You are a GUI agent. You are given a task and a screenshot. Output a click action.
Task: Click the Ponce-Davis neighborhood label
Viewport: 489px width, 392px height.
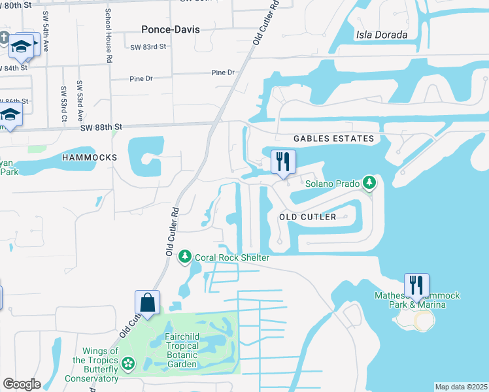click(x=171, y=29)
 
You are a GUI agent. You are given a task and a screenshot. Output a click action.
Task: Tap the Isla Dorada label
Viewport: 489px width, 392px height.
click(x=382, y=35)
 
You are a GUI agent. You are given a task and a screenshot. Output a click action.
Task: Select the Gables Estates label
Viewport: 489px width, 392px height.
click(x=333, y=139)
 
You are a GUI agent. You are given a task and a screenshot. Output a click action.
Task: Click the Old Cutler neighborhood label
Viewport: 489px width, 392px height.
click(x=307, y=217)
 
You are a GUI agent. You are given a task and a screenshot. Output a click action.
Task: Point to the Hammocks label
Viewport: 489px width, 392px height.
click(x=90, y=157)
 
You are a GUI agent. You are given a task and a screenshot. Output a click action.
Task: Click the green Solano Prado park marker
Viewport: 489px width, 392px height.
click(x=370, y=182)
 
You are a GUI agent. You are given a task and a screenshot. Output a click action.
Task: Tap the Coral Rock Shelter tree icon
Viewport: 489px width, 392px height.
click(x=186, y=255)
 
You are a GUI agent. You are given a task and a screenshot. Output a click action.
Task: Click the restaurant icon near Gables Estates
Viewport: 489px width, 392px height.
click(x=283, y=161)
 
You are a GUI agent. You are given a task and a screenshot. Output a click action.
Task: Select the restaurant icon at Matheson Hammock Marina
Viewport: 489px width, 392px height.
click(x=416, y=285)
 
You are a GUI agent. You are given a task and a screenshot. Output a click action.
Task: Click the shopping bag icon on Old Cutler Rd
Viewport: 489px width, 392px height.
click(x=147, y=302)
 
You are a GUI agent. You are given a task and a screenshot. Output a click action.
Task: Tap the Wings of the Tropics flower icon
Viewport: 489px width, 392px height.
click(x=128, y=362)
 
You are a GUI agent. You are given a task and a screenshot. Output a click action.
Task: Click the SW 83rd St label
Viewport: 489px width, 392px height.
click(x=148, y=47)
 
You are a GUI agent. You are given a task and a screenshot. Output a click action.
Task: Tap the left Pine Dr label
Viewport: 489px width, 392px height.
click(x=141, y=78)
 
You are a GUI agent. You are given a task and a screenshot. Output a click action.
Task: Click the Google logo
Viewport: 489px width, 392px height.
click(x=22, y=384)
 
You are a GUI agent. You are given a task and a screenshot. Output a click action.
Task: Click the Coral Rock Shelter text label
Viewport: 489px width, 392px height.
click(x=231, y=257)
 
